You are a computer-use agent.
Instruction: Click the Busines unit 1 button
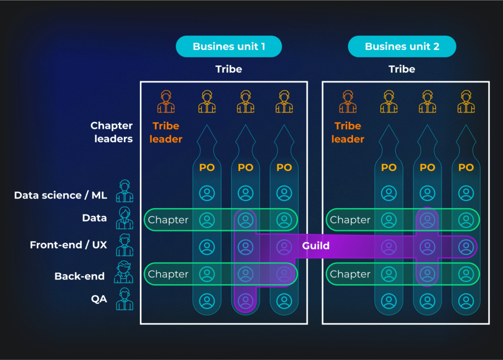click(x=229, y=47)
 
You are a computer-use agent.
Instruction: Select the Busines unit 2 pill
click(x=402, y=47)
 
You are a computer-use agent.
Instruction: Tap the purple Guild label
click(x=316, y=246)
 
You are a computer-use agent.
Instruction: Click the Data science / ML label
click(x=60, y=195)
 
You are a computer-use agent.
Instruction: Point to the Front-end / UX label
click(x=68, y=245)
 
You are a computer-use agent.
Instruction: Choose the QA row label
click(x=99, y=299)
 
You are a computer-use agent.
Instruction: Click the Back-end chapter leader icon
click(x=124, y=272)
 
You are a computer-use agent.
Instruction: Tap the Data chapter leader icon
click(x=124, y=218)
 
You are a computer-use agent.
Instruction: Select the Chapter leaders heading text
click(x=112, y=132)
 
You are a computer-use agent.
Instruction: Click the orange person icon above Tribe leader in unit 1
click(x=166, y=102)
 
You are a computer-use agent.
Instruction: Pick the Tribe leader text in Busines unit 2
click(x=348, y=133)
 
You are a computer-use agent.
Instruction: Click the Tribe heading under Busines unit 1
click(x=229, y=69)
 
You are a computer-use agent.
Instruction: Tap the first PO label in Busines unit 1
click(x=207, y=167)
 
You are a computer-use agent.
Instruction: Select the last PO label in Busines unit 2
click(x=466, y=167)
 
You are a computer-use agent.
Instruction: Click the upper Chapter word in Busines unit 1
click(x=168, y=220)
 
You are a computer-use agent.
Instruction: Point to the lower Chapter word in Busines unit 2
click(x=350, y=275)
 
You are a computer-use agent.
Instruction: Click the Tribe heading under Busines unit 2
click(x=402, y=69)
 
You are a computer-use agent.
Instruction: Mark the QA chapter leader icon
click(x=124, y=299)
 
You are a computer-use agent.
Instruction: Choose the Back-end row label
click(x=80, y=276)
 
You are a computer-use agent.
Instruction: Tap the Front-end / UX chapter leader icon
click(x=124, y=245)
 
